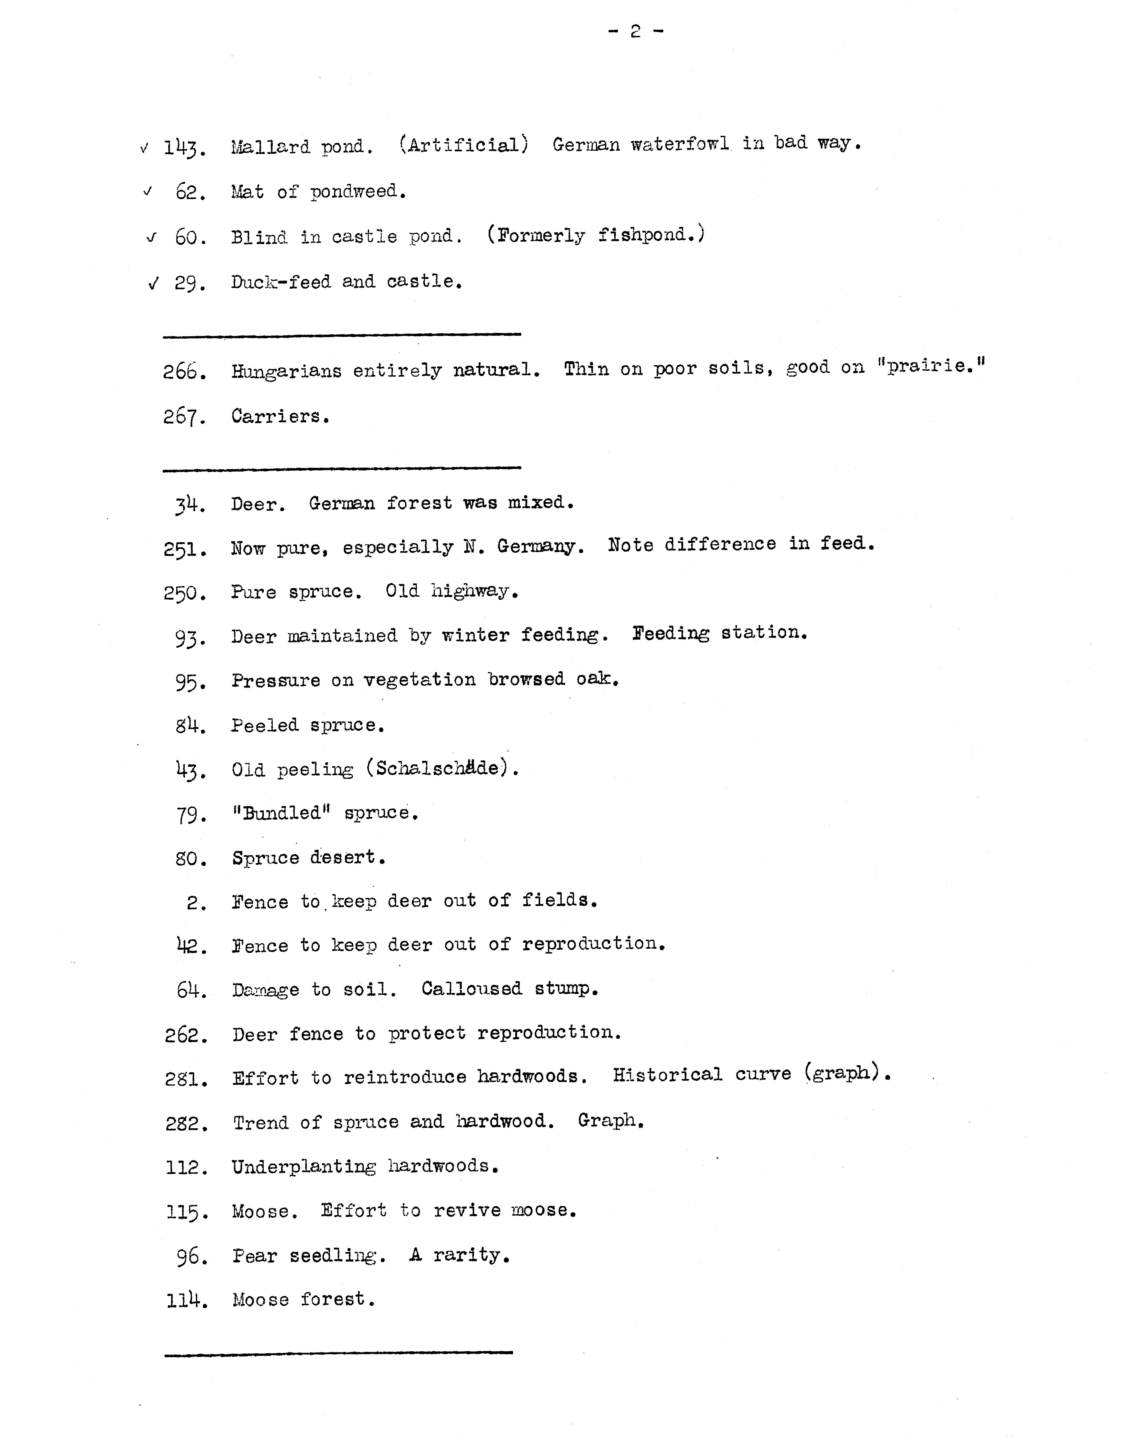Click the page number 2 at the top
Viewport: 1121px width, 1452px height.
[x=635, y=31]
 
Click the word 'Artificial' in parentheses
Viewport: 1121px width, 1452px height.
[x=464, y=145]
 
